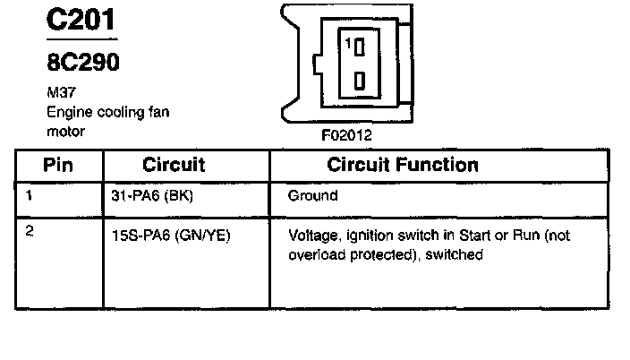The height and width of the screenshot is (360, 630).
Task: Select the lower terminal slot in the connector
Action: (358, 81)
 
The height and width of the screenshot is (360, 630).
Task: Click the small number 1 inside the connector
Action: (345, 43)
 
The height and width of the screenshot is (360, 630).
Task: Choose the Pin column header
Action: (58, 165)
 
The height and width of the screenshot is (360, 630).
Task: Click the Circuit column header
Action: (174, 165)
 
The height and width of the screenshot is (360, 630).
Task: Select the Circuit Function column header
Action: (403, 165)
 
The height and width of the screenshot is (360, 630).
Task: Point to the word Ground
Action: (312, 195)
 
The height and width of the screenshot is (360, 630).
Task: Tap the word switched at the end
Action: (458, 254)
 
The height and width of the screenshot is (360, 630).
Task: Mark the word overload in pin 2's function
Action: (315, 254)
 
